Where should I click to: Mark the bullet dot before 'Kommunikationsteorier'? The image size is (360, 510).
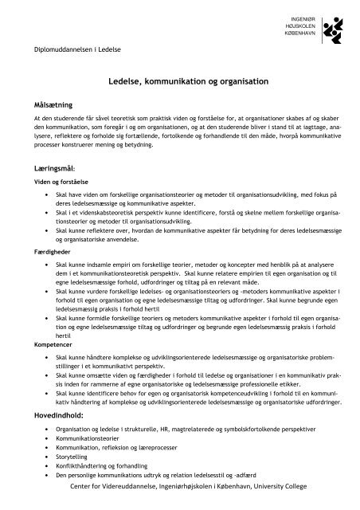(x=51, y=439)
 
